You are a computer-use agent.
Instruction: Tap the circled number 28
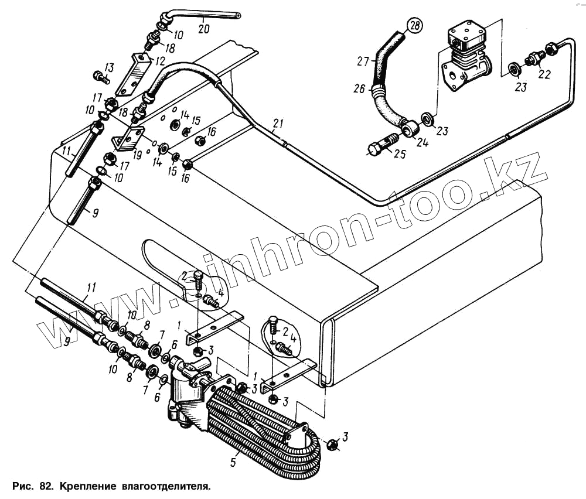415,27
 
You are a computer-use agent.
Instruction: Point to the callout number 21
278,123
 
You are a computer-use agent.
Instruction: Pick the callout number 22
544,74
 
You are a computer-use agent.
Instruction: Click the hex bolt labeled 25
384,145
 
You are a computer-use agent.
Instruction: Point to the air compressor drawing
467,57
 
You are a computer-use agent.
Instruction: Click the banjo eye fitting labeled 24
408,125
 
